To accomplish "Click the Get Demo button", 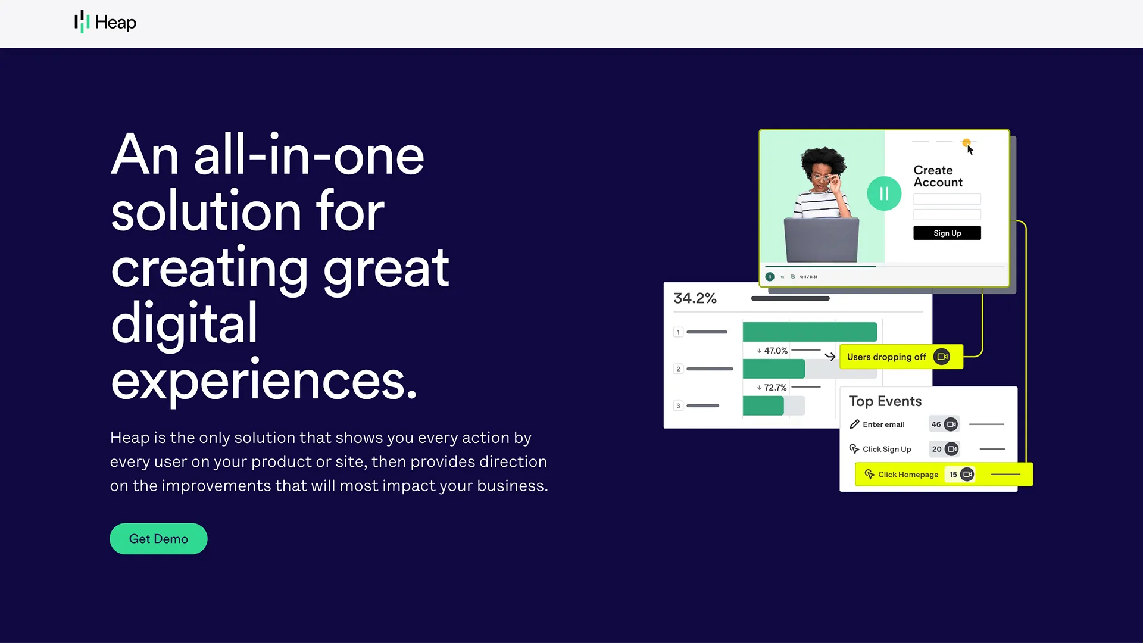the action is (158, 539).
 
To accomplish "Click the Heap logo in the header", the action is (105, 22).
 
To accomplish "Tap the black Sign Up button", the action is (947, 233).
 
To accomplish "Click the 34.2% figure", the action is (695, 298).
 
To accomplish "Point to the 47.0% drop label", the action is (772, 351).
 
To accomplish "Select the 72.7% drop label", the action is (772, 388).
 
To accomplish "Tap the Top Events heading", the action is (885, 401).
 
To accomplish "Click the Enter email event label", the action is (883, 424).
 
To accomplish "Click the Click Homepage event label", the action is (908, 475).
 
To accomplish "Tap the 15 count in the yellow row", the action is (953, 475).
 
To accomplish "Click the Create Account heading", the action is (938, 176).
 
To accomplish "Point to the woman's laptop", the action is (822, 239).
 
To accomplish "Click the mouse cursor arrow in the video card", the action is (970, 150).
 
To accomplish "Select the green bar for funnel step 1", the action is (810, 332).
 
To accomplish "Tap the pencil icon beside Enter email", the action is (854, 424).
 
